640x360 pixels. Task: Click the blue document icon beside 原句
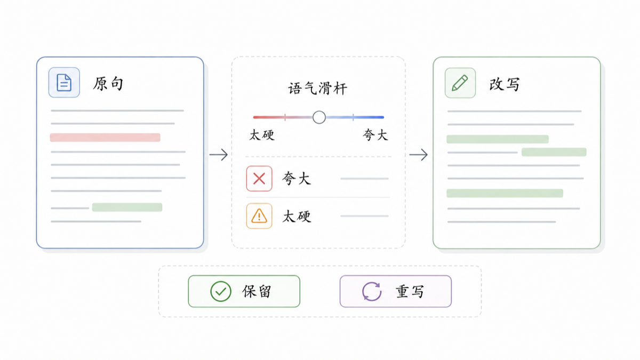tap(64, 83)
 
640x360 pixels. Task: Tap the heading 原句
tap(108, 84)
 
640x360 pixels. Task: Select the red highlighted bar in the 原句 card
tap(105, 138)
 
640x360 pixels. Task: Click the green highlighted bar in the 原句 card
tap(127, 207)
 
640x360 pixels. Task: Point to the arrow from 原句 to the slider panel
tap(219, 155)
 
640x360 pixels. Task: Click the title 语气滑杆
tap(318, 89)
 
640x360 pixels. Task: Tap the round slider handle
tap(319, 117)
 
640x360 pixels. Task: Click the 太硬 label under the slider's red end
tap(262, 135)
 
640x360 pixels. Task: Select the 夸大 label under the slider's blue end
tap(375, 135)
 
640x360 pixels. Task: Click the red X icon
tap(259, 179)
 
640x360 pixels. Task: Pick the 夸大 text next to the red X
tap(297, 179)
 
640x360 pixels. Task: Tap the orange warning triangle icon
tap(259, 216)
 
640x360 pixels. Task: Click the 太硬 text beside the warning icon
tap(297, 217)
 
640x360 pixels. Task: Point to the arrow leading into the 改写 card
tap(419, 155)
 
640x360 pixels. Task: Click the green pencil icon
tap(460, 83)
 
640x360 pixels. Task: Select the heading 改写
tap(505, 84)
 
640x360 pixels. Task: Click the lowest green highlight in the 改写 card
tap(505, 193)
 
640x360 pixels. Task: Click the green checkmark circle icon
tap(221, 291)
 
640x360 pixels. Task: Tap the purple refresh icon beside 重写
tap(372, 291)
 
